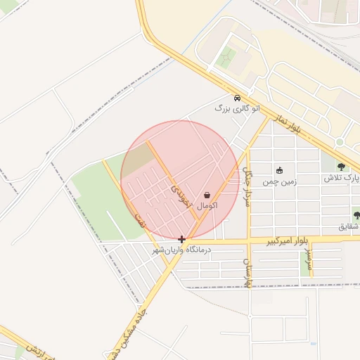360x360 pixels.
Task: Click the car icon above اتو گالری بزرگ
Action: coord(237,98)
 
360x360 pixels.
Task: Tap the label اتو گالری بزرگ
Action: coord(237,109)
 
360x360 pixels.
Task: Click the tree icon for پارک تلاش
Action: coord(341,167)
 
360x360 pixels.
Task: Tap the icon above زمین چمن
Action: coord(279,170)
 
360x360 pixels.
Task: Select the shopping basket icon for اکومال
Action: coord(207,195)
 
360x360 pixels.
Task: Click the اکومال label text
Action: coord(207,206)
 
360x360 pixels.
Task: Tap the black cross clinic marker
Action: coord(182,239)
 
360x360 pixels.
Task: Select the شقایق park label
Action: coord(349,226)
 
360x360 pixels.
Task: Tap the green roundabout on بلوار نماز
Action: coord(340,143)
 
